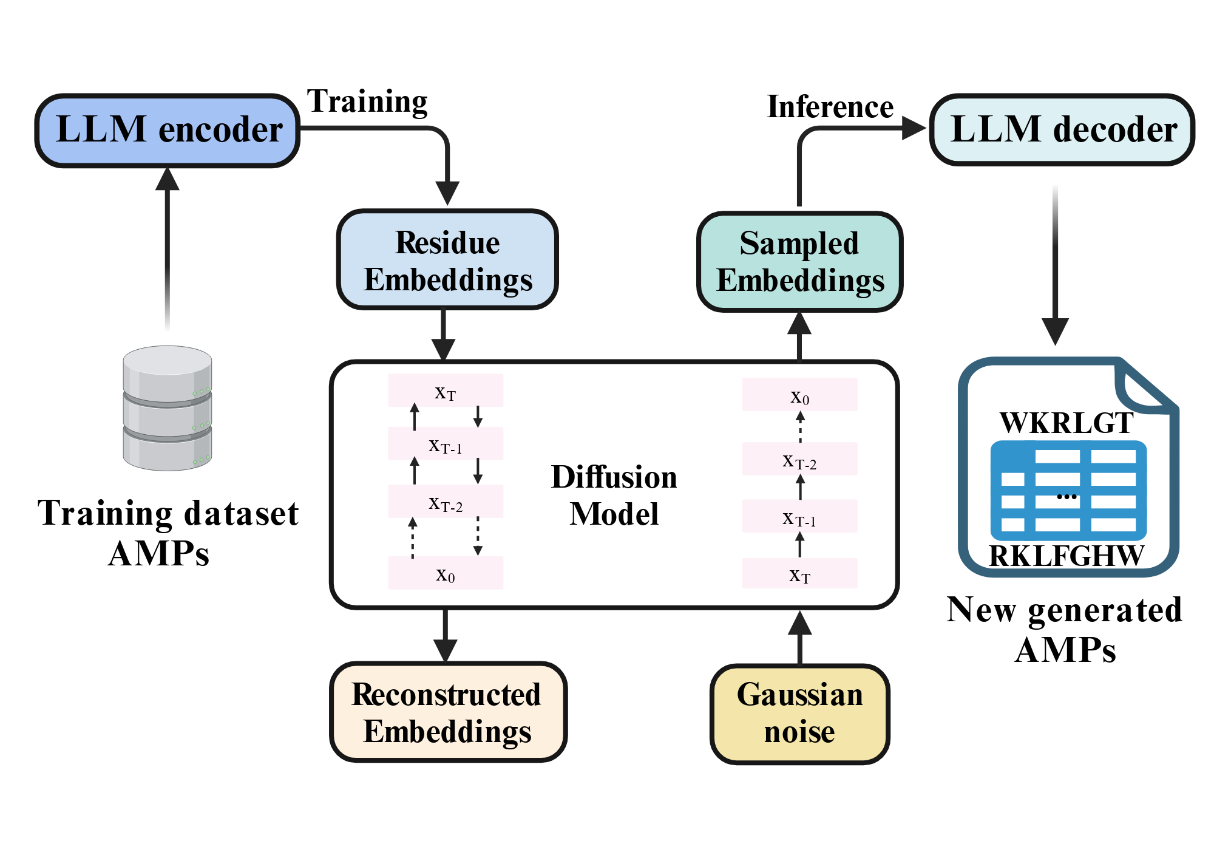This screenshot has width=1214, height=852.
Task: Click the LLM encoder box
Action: (x=168, y=130)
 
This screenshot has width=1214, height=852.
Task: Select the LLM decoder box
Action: (x=1062, y=129)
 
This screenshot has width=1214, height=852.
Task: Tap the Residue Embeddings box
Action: (x=447, y=260)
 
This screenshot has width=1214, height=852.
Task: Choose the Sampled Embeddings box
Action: (x=799, y=262)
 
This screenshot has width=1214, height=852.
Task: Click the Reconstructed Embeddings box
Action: (x=448, y=712)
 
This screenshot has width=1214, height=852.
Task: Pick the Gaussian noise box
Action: (x=799, y=714)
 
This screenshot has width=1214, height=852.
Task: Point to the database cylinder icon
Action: (x=168, y=408)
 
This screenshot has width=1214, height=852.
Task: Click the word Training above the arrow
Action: (x=367, y=102)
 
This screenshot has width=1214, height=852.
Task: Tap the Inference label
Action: (x=830, y=107)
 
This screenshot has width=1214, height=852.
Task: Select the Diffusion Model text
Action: (x=614, y=495)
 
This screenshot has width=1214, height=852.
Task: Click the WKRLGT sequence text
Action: (x=1066, y=423)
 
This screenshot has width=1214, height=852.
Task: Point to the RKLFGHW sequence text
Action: (x=1066, y=556)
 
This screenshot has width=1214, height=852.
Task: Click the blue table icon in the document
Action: (x=1068, y=491)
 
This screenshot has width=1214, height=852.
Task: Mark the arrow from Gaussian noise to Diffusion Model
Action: (x=799, y=637)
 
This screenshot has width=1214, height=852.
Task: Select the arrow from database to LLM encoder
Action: (x=168, y=249)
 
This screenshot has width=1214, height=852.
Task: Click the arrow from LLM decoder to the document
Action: (x=1056, y=265)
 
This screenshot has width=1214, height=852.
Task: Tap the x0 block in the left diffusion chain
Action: (x=446, y=573)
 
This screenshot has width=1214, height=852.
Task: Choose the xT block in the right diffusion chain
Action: (x=799, y=573)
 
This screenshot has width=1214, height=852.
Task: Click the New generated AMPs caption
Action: (x=1065, y=630)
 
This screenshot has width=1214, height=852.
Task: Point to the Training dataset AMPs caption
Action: (x=168, y=533)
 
